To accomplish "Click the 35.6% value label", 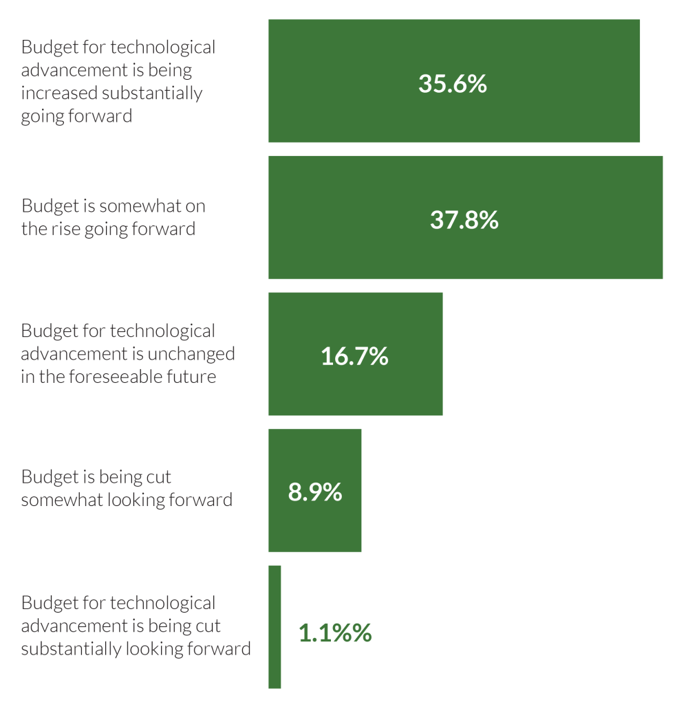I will (x=453, y=84).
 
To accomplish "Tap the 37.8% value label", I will (x=464, y=220).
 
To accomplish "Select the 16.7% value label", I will (x=354, y=356).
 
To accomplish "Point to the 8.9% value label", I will (x=315, y=492).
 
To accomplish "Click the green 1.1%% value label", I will (x=335, y=633).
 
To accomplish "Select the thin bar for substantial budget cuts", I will (x=275, y=626).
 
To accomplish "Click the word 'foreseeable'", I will (x=104, y=377).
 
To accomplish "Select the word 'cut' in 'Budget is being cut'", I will (x=159, y=476).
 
